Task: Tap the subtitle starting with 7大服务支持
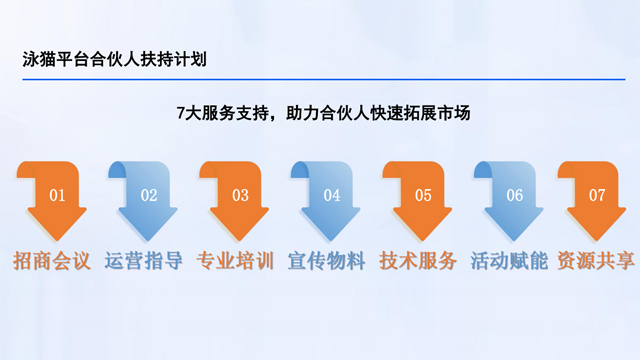point(320,113)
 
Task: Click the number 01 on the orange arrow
point(57,195)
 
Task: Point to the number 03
point(240,195)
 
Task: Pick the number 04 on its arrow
point(332,195)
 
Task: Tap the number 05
point(423,195)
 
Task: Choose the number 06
point(515,195)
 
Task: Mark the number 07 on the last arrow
point(597,195)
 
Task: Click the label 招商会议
point(52,263)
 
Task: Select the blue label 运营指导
point(143,263)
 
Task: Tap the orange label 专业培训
point(235,263)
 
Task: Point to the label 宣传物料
point(327,263)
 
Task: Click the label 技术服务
point(418,263)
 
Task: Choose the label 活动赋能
point(509,263)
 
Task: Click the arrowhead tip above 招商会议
point(57,236)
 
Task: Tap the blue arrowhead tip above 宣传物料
point(332,236)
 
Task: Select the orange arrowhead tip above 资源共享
point(597,236)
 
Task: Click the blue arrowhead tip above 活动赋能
point(515,236)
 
